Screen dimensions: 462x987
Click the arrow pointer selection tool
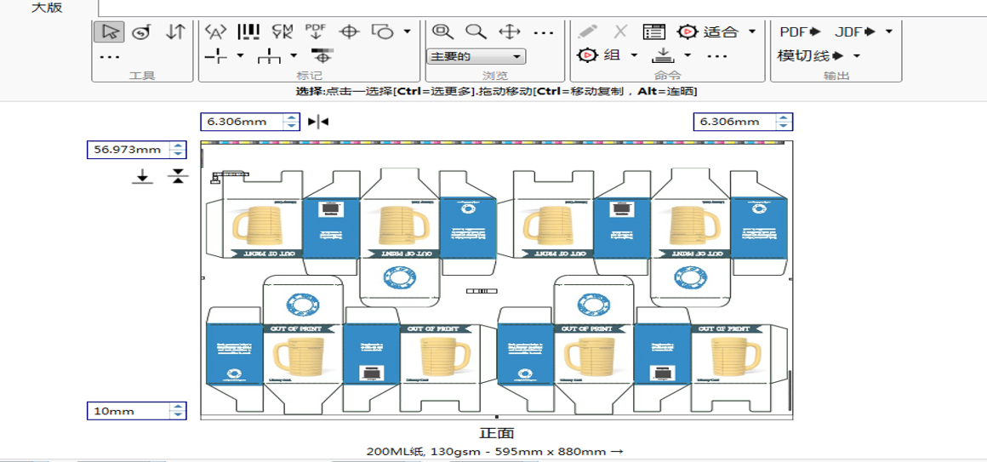coord(110,32)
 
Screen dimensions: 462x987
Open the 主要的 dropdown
coord(476,57)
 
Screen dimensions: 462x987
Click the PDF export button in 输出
coord(800,32)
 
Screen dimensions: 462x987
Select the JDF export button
coord(855,32)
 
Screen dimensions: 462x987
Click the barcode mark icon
coord(248,32)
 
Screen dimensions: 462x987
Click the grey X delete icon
coord(620,32)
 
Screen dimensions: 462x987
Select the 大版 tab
coord(47,9)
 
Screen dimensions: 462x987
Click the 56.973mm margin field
coord(128,150)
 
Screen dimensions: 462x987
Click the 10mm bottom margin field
coord(128,411)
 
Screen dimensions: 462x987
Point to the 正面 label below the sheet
coord(496,433)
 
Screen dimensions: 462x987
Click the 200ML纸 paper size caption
coord(496,451)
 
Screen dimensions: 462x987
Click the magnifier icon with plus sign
coord(442,32)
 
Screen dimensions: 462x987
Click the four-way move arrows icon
coord(509,32)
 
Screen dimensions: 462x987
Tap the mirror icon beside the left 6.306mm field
coord(318,122)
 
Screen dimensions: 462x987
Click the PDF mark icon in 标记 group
coord(316,32)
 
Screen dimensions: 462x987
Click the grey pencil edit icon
coord(587,32)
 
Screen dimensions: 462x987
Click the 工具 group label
coord(142,76)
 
